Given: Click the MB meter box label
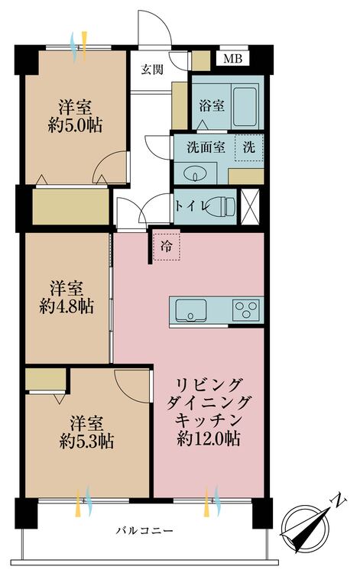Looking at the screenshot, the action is tap(233, 59).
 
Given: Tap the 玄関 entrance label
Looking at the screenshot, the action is tap(152, 70).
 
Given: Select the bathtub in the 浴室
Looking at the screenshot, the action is tap(245, 107).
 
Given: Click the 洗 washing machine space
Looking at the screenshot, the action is tap(249, 147).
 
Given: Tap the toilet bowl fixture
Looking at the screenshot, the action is tap(220, 206).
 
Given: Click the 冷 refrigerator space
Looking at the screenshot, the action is tap(167, 245).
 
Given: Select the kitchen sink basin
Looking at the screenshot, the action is tap(190, 310).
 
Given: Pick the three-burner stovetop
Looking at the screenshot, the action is tap(246, 310).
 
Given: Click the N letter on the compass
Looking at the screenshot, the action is tap(339, 500).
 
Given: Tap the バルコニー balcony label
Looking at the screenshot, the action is tap(144, 530).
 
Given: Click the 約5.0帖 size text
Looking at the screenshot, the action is tap(76, 125).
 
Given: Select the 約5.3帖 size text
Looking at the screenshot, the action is tap(86, 442).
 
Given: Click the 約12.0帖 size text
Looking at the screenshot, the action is tap(209, 438).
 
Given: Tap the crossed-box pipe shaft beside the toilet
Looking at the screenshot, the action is tap(250, 207).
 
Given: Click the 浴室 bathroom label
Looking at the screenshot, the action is tap(212, 106).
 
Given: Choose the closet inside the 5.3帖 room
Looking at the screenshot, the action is tap(46, 379).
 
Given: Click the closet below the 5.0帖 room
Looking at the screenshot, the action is tap(71, 206).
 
